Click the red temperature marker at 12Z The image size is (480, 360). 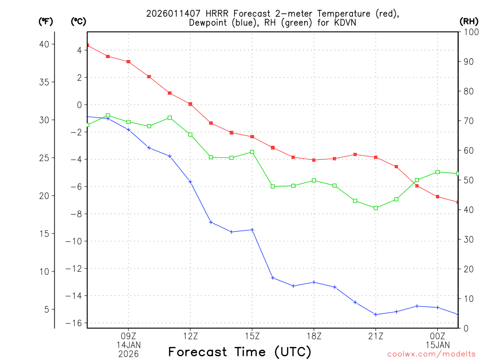point(190,104)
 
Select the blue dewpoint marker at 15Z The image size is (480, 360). point(252,230)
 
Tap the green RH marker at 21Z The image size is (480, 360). point(376,208)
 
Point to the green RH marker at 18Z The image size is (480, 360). point(314,180)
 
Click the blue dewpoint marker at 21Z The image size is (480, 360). point(376,315)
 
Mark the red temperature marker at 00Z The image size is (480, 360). point(438,197)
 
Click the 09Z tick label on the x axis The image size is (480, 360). point(128,336)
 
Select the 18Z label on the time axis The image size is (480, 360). point(314,336)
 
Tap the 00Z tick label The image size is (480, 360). point(438,336)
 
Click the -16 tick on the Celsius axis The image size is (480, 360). point(77,323)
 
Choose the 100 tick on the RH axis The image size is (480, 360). point(468,32)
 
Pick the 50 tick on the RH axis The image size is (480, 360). point(466,180)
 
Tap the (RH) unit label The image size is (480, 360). point(469,22)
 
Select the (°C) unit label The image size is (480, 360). point(79,22)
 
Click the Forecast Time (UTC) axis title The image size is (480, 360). point(240,352)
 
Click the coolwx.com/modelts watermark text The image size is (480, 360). point(431,354)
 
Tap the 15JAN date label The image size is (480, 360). point(438,345)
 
